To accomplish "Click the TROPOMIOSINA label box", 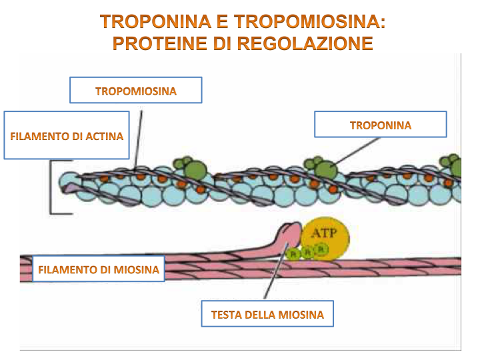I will [x=136, y=91].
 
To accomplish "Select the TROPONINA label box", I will [x=380, y=125].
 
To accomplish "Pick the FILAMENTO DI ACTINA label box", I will [x=67, y=136].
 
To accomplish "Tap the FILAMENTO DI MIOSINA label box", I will [x=99, y=270].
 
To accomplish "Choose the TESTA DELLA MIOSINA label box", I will [x=267, y=314].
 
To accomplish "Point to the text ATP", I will [x=324, y=233].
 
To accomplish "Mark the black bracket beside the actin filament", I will [x=53, y=187].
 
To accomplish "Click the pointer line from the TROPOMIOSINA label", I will [x=139, y=137].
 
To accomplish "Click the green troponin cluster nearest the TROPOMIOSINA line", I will [x=186, y=169].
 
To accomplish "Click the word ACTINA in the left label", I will [x=103, y=136].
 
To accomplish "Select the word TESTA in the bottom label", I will [x=225, y=314].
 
